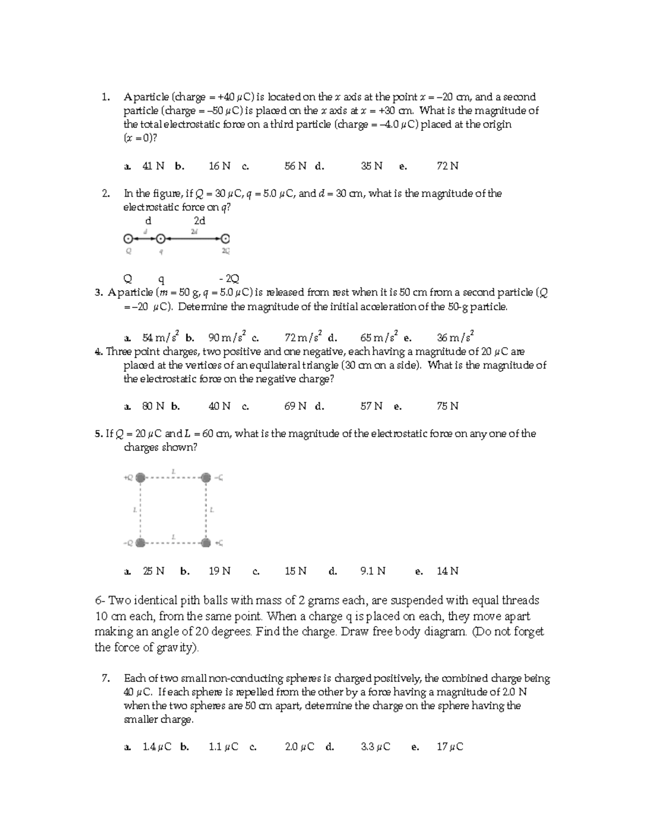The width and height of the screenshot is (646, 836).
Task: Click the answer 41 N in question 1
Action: tap(153, 166)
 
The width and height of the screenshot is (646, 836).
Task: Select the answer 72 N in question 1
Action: tap(447, 166)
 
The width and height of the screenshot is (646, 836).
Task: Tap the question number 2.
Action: tap(106, 193)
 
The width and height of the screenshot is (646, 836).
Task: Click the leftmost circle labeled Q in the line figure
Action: tap(128, 238)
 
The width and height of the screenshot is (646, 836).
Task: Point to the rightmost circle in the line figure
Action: tap(225, 238)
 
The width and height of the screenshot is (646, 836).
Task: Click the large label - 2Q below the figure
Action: tap(229, 279)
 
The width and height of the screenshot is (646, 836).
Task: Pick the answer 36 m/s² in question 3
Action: tap(455, 338)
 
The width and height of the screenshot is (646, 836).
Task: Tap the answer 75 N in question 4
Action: tap(447, 406)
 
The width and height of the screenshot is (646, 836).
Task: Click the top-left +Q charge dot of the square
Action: tap(141, 477)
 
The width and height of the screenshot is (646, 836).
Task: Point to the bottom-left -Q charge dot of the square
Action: tap(141, 543)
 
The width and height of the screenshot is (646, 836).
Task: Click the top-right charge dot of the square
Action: tap(206, 477)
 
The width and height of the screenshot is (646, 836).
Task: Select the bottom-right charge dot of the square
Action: tap(206, 543)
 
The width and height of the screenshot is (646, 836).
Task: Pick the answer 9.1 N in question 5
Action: tap(373, 571)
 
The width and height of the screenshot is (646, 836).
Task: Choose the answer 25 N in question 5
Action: tap(153, 571)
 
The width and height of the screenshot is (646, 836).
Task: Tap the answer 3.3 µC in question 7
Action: tap(375, 747)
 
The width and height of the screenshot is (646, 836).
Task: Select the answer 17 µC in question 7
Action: tap(450, 747)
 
